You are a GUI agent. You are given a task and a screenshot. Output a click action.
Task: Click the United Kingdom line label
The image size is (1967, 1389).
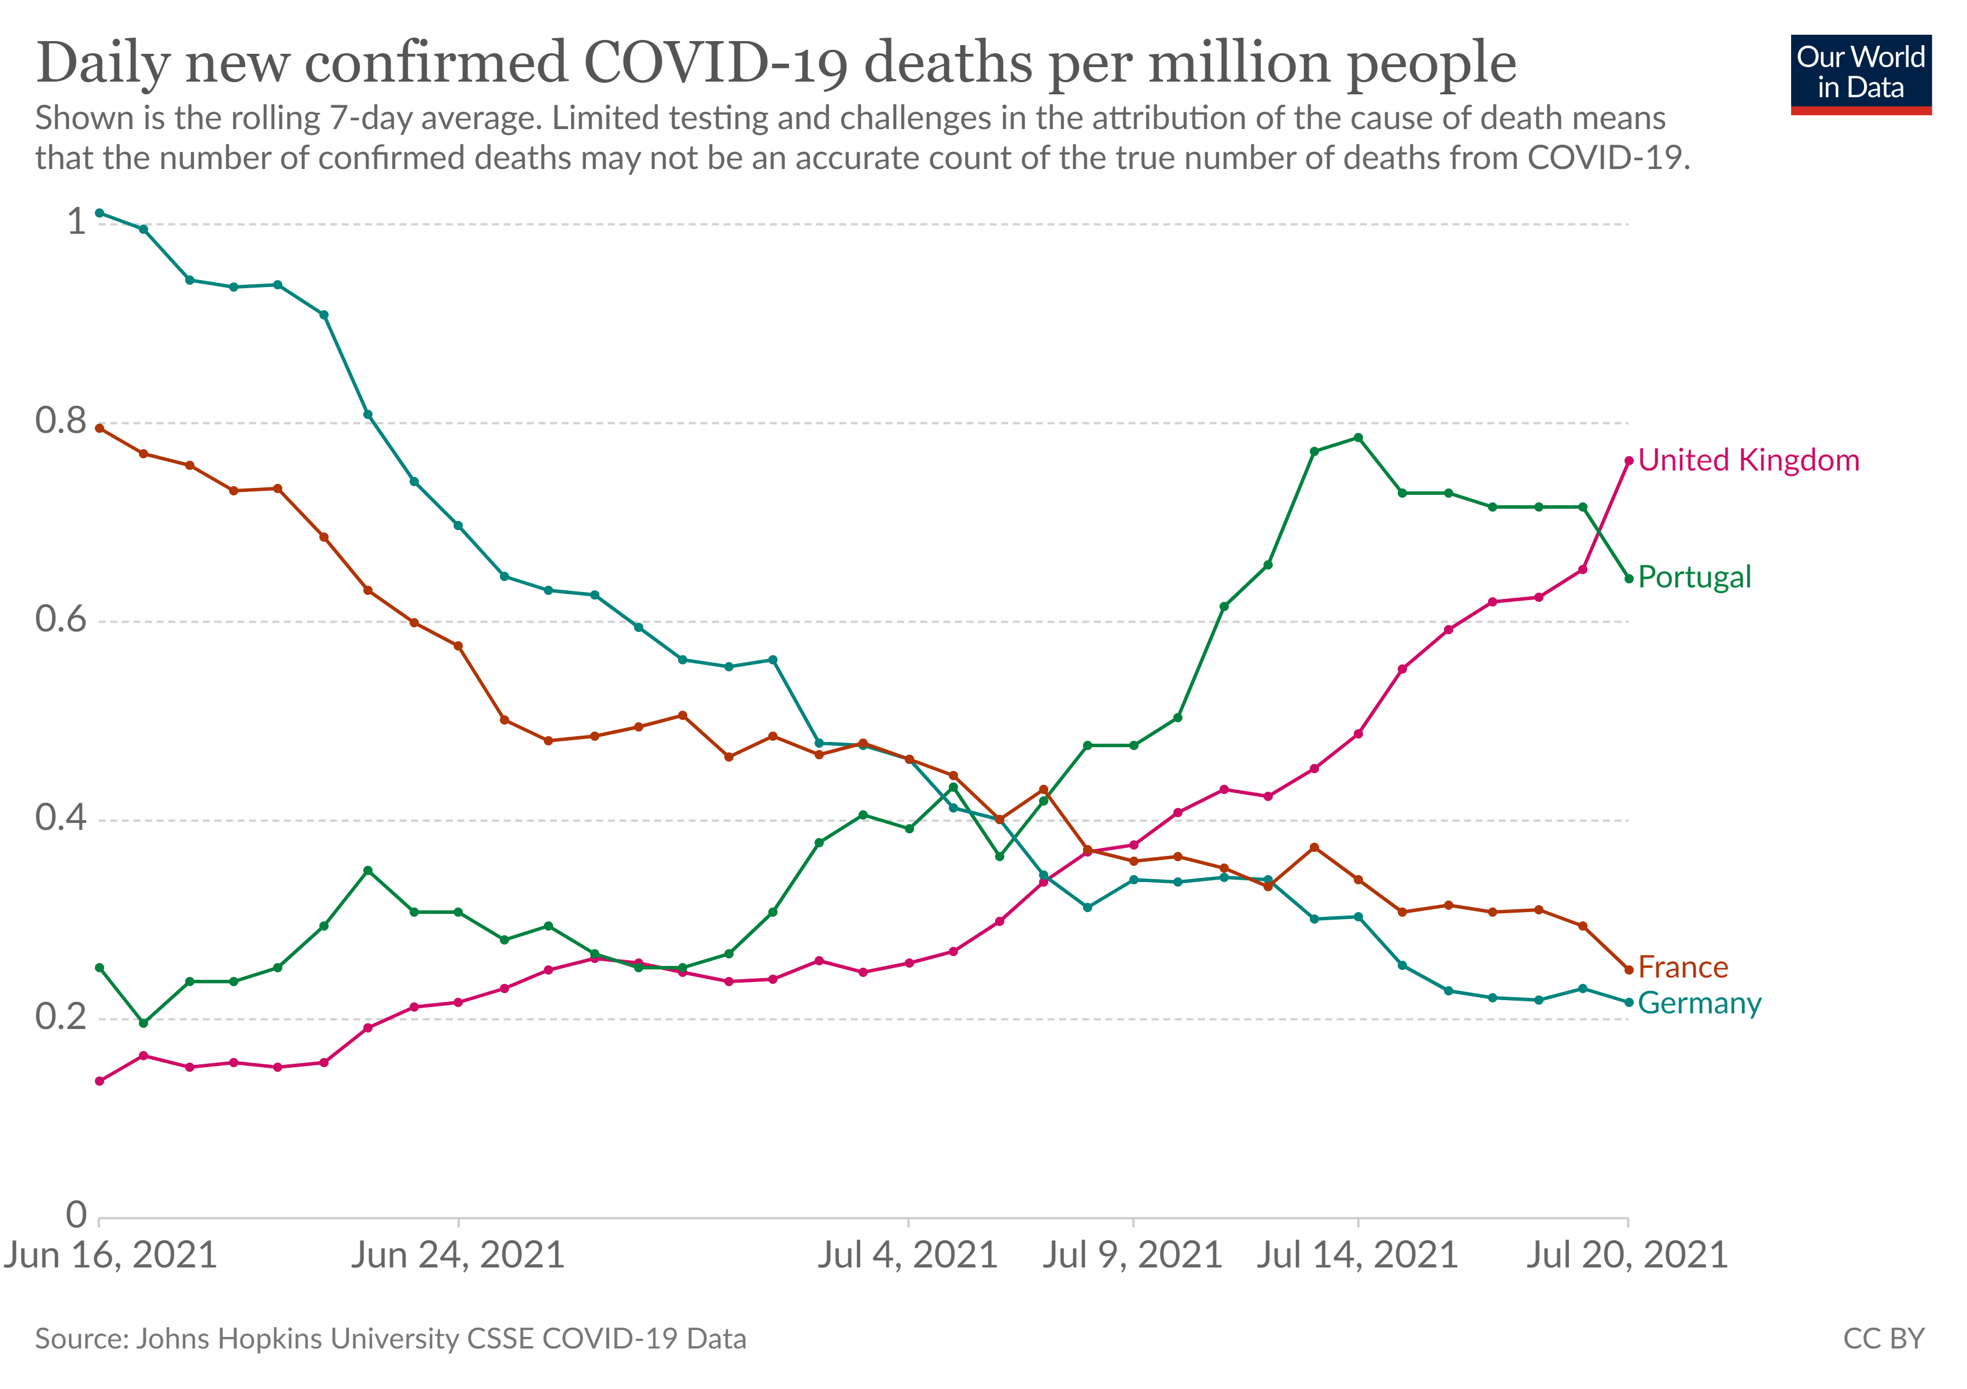(1748, 460)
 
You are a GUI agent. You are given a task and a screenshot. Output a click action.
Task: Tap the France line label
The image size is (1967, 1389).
(1682, 968)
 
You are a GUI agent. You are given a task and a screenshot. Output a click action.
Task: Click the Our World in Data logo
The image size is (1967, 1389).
(1861, 75)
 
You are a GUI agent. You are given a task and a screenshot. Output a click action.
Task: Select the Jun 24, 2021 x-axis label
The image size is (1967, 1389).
(458, 1255)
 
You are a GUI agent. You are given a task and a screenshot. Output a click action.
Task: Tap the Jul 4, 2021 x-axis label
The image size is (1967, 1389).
(907, 1255)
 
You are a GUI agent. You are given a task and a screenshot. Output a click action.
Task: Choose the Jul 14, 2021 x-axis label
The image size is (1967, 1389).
(1358, 1255)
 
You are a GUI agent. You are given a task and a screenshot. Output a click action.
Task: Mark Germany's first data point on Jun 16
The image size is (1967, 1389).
(100, 212)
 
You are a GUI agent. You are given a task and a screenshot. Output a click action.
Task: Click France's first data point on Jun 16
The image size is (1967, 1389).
(100, 428)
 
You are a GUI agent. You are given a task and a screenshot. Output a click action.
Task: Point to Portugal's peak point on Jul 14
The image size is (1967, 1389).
(1358, 438)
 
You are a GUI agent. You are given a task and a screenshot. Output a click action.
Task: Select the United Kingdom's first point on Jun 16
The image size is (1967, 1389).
(100, 1081)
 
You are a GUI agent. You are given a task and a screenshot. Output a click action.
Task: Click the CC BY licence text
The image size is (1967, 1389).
(1884, 1339)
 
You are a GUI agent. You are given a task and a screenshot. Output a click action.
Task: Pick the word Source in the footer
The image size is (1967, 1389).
(82, 1339)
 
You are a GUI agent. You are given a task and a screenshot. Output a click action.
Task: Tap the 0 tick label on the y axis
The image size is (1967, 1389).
(77, 1215)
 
